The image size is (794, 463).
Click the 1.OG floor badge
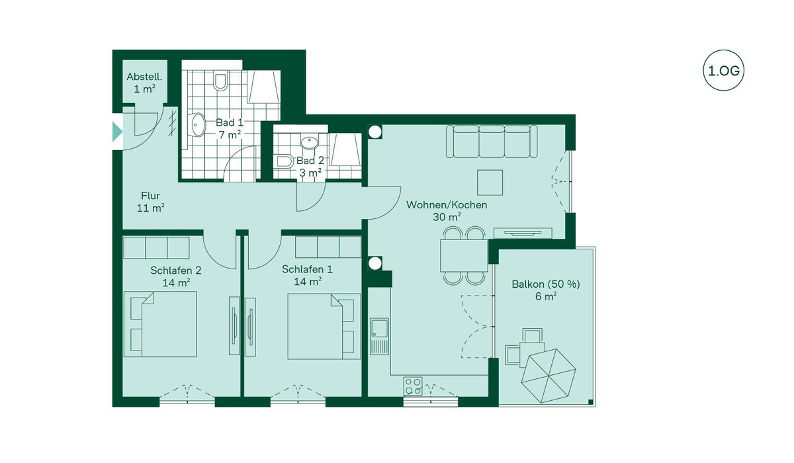[x=723, y=71]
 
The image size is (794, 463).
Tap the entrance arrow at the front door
[x=117, y=132]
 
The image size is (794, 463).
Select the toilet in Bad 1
[x=220, y=80]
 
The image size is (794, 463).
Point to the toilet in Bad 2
[x=285, y=161]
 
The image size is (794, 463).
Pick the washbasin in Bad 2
[x=310, y=142]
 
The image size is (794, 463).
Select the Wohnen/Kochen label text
[x=447, y=205]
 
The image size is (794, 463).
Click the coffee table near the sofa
[x=490, y=183]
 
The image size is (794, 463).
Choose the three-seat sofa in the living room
[x=492, y=141]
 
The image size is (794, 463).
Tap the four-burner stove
[x=413, y=386]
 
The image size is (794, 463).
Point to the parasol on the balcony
[x=549, y=376]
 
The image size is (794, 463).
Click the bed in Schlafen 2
[x=160, y=324]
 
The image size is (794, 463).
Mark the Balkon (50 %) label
[x=546, y=284]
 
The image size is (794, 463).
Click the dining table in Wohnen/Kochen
[x=464, y=256]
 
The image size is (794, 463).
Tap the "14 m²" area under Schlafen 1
[x=308, y=282]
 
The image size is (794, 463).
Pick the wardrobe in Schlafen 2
[x=156, y=247]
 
